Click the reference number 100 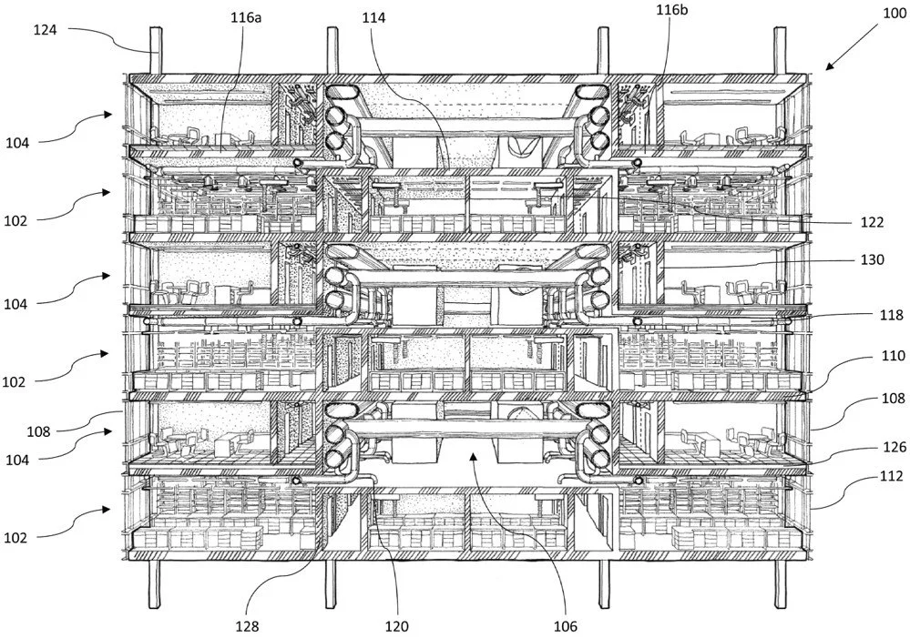tap(895, 14)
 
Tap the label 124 tap(45, 30)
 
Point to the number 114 tap(373, 18)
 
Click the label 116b tap(672, 10)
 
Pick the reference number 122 tap(873, 222)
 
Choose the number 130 tap(873, 259)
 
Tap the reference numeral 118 tap(892, 315)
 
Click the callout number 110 tap(894, 356)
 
